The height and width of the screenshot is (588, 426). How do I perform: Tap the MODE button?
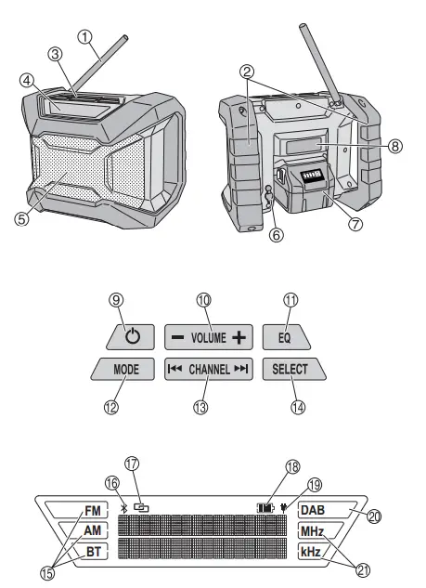pos(126,369)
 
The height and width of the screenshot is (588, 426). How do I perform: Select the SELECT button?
pos(296,369)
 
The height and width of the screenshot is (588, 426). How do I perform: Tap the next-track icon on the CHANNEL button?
pos(241,369)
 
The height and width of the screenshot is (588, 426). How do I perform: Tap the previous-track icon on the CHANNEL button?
pos(174,369)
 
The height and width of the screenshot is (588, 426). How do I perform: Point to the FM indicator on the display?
pos(92,511)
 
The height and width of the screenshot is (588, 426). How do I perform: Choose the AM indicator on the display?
pos(92,530)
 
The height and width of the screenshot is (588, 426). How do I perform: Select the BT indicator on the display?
pos(92,551)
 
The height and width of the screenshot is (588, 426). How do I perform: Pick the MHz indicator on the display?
pos(314,530)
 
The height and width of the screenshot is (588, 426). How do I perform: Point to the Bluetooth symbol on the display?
pos(124,508)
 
